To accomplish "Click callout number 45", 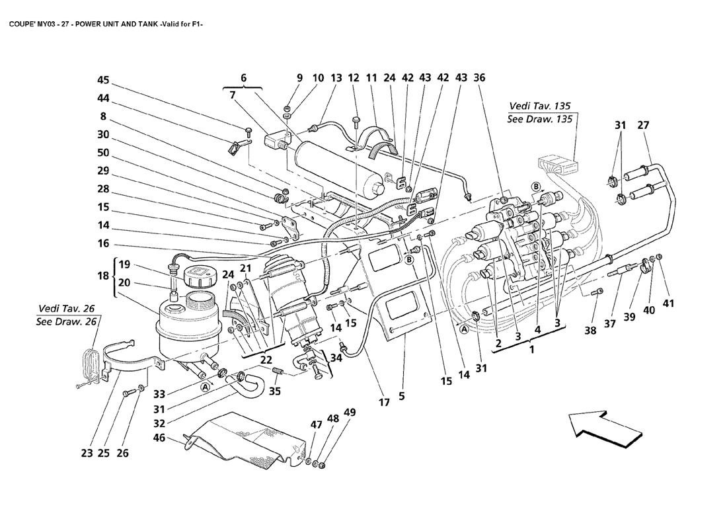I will tap(103, 80).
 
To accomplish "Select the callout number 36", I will tap(480, 77).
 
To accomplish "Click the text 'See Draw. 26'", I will tap(68, 321).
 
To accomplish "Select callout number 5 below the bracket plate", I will tap(401, 397).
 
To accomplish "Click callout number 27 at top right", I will tap(643, 125).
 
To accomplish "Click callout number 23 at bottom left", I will tap(87, 454).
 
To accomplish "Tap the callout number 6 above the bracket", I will tap(243, 78).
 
